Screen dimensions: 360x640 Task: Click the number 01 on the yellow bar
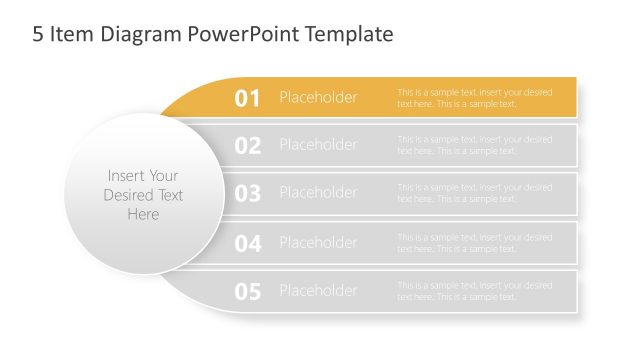point(247,98)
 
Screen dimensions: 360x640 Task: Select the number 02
point(247,146)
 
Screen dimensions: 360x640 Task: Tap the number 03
point(247,193)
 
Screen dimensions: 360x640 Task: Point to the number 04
point(247,243)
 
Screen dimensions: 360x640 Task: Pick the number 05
point(247,292)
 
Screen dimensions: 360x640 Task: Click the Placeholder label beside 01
point(318,97)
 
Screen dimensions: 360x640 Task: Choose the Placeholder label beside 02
point(318,145)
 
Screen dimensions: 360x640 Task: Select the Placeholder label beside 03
point(318,192)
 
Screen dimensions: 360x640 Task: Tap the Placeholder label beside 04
point(318,242)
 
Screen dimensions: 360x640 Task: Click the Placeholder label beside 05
point(318,291)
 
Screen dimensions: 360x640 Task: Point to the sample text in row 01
point(474,98)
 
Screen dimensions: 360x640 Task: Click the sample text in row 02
point(474,145)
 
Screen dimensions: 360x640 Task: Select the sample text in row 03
point(474,193)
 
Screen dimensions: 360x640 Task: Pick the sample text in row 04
point(474,243)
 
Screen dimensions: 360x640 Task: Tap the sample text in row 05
point(474,291)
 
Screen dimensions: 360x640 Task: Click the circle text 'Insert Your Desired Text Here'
point(143,195)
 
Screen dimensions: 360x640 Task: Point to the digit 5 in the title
point(38,35)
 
